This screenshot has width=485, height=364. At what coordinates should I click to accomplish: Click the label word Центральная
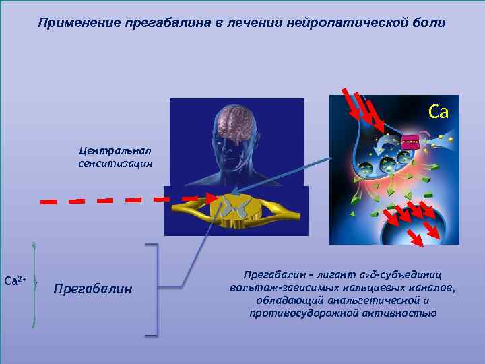pyautogui.click(x=115, y=151)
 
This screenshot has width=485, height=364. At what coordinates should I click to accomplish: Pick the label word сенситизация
pyautogui.click(x=115, y=163)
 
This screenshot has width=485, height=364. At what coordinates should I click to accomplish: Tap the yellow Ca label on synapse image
pyautogui.click(x=438, y=112)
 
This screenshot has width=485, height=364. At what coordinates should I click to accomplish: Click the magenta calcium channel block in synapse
pyautogui.click(x=410, y=142)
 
